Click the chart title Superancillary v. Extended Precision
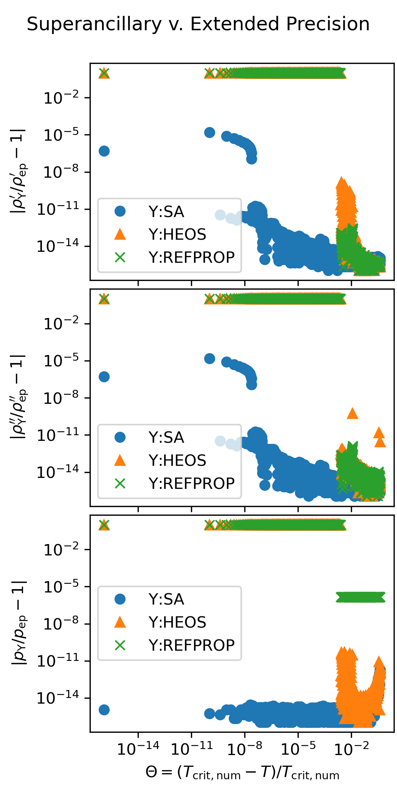[x=198, y=24]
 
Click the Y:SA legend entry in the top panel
[x=166, y=212]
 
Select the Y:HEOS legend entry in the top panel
[x=177, y=234]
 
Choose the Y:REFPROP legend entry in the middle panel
[x=191, y=483]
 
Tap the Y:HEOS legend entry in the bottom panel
[x=177, y=622]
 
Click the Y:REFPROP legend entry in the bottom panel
[x=191, y=645]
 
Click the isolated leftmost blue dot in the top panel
[x=104, y=151]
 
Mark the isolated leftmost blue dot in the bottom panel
[x=104, y=710]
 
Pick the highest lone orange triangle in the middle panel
[x=352, y=413]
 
